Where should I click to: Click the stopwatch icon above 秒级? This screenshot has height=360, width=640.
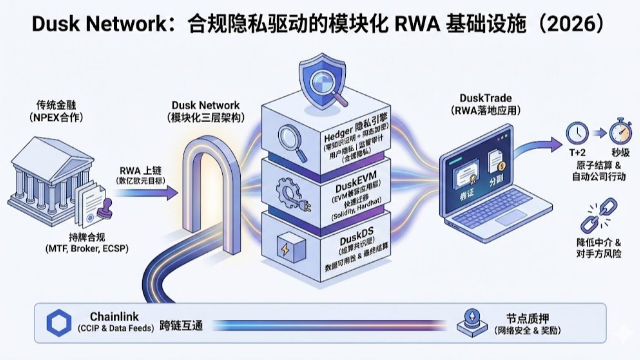coord(620,132)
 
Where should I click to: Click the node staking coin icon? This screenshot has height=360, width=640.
coord(472,323)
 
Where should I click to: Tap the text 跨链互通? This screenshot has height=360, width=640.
coord(181,325)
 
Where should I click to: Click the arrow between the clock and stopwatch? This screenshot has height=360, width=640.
coord(598,133)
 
